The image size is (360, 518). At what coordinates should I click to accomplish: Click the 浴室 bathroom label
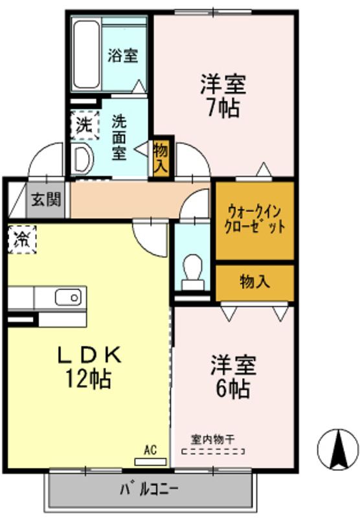pos(122,55)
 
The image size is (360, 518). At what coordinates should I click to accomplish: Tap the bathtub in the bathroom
pos(85,55)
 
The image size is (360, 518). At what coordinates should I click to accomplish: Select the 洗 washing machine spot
pos(84,124)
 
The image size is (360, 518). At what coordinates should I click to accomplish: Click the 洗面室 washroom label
pos(118,137)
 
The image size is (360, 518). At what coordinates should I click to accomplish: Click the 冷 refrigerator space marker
pos(22,240)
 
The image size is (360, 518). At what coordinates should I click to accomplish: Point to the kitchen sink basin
pos(67,298)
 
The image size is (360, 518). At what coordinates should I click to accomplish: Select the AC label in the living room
pos(150,449)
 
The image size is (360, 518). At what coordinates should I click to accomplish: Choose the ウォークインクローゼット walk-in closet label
pos(255,220)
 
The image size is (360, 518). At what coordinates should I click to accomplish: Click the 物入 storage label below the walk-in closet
pos(254,282)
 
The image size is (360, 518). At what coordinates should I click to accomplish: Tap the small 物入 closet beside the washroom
pos(160,158)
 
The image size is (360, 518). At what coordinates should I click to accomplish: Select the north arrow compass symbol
pos(337,449)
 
